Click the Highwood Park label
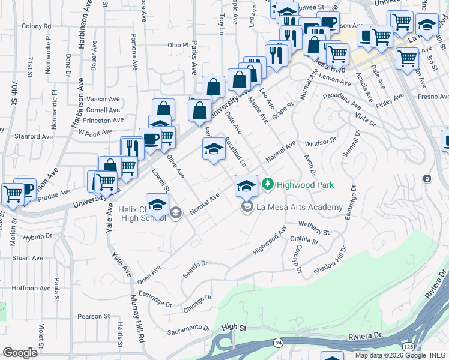point(304,185)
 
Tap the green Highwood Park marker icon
point(268,184)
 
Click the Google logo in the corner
point(20,352)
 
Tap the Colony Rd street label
point(36,26)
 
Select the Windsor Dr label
point(318,143)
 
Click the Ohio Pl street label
point(178,45)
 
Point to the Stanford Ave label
point(29,136)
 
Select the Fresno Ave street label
point(429,97)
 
